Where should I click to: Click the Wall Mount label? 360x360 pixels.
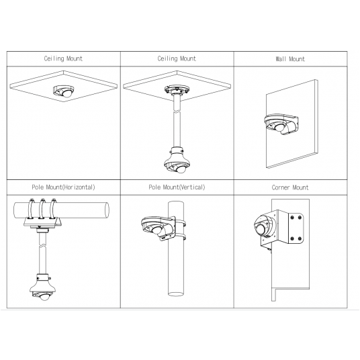pyautogui.click(x=291, y=59)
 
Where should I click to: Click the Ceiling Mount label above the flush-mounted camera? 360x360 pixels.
pyautogui.click(x=64, y=59)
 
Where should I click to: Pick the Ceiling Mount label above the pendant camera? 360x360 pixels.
pyautogui.click(x=177, y=59)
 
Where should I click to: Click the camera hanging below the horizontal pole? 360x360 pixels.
pyautogui.click(x=41, y=291)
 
